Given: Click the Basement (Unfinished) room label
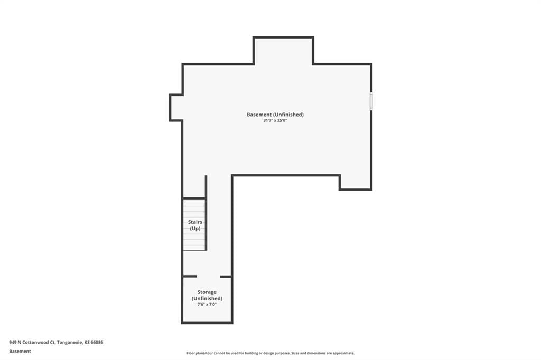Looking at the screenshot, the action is (x=275, y=115).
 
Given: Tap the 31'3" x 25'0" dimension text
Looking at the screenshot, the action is (x=275, y=121).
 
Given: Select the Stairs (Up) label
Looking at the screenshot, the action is (x=195, y=225).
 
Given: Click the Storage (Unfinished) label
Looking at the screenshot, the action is (x=207, y=295).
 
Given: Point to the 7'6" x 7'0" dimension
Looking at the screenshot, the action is (x=207, y=305).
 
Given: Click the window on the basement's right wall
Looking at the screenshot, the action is (x=371, y=101).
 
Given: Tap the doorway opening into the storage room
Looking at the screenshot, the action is (x=208, y=277).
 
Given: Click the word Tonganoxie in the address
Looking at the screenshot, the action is (x=70, y=343).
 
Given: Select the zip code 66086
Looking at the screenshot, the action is (x=97, y=343).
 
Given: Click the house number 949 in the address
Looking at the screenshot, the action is (x=13, y=343).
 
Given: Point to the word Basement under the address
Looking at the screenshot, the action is (x=20, y=352).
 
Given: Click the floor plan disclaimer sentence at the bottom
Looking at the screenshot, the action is (x=270, y=353).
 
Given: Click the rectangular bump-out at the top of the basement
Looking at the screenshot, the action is (x=283, y=51).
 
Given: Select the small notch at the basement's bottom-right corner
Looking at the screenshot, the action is (x=356, y=183).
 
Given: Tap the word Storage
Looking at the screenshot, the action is (x=207, y=292).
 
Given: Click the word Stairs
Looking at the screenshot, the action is (x=195, y=222).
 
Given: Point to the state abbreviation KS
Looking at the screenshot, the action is (x=87, y=343).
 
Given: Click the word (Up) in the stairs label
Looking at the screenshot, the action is (x=195, y=228).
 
